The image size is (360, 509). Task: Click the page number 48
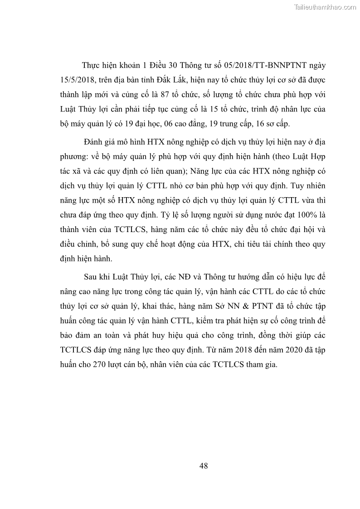[x=203, y=466]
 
